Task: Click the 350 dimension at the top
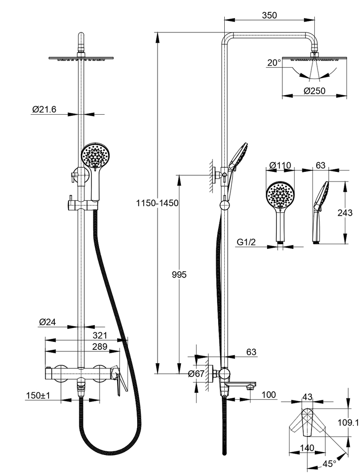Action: pyautogui.click(x=269, y=15)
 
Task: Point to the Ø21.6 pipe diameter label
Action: pyautogui.click(x=44, y=109)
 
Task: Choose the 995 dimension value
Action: pyautogui.click(x=180, y=275)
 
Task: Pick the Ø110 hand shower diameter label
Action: pyautogui.click(x=280, y=165)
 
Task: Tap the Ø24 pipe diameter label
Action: pyautogui.click(x=48, y=322)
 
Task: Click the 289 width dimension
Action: pyautogui.click(x=100, y=347)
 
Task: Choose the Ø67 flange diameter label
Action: pyautogui.click(x=197, y=374)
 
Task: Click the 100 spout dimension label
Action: pyautogui.click(x=270, y=395)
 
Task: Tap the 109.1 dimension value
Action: pyautogui.click(x=350, y=422)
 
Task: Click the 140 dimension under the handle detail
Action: pyautogui.click(x=307, y=448)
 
